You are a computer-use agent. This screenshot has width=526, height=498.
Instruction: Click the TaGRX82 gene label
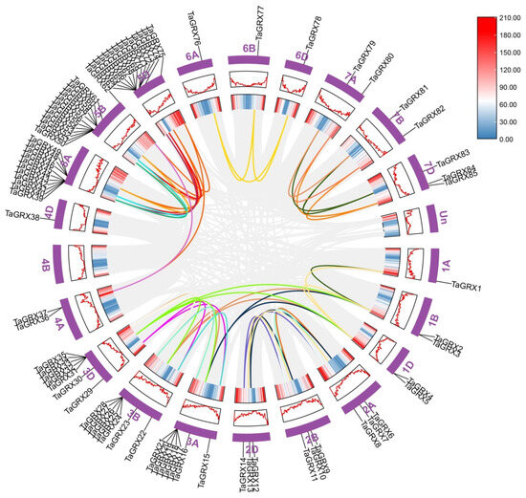click(428, 116)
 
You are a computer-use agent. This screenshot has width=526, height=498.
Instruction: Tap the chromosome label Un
click(441, 230)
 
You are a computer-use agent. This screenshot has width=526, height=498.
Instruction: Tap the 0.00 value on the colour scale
click(503, 139)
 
